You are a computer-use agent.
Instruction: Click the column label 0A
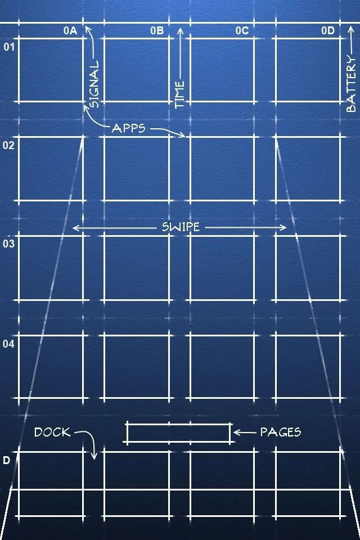point(70,31)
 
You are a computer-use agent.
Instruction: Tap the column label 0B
point(157,31)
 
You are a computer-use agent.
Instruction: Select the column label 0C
point(242,31)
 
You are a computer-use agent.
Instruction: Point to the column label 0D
point(328,31)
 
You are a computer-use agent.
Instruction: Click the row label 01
point(10,46)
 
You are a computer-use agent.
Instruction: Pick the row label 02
point(8,145)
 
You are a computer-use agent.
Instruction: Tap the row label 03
point(8,244)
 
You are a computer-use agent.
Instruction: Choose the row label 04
point(10,343)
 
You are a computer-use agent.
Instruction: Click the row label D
point(7,461)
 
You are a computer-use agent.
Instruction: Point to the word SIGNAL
point(94,84)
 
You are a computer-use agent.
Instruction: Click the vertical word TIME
point(180,94)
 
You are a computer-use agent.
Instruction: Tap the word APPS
point(129,128)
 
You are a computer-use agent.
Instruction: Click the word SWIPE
point(181,228)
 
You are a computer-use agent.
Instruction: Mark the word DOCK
point(52,433)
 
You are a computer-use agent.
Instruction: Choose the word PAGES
point(280,433)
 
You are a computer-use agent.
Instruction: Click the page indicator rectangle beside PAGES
point(179,433)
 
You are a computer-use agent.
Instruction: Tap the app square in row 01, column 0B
point(137,70)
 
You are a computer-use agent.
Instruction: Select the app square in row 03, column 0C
point(222,268)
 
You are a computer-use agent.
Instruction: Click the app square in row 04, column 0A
point(51,367)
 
